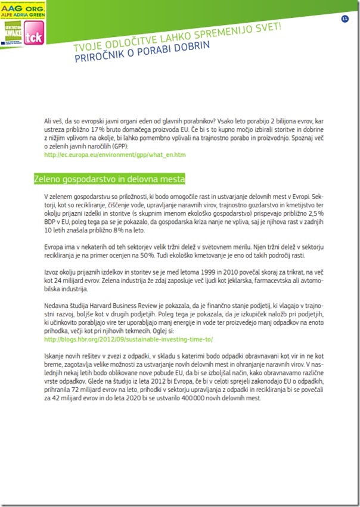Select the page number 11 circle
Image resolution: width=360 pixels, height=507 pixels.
coord(345,19)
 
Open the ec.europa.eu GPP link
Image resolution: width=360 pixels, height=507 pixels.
coord(115,155)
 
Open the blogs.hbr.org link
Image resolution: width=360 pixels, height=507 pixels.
coord(128,340)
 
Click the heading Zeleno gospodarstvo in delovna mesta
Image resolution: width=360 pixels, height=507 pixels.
coord(109,179)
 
